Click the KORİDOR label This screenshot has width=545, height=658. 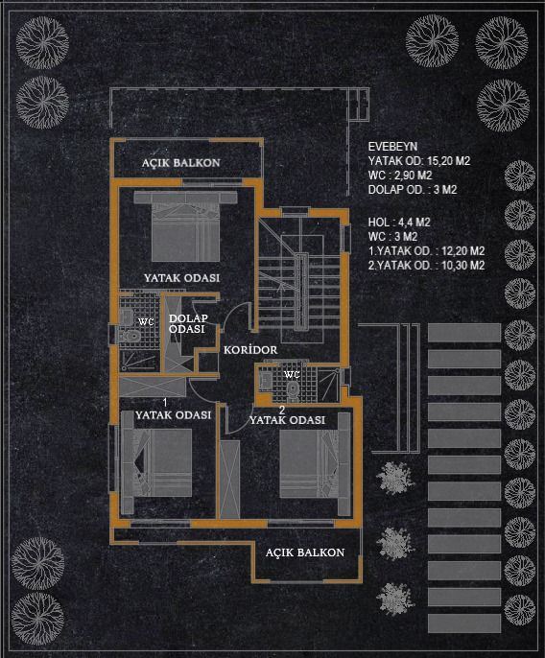click(x=250, y=349)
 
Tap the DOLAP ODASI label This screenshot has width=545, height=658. click(x=188, y=323)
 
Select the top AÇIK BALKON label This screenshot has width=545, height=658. click(x=180, y=162)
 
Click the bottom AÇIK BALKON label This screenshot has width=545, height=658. click(x=305, y=552)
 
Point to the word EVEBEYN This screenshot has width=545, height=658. click(x=392, y=147)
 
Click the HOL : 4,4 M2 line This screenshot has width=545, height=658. click(x=399, y=223)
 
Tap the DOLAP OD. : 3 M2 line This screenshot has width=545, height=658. click(x=413, y=190)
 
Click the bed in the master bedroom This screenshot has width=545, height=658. click(x=185, y=225)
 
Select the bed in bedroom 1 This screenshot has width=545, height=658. click(x=156, y=462)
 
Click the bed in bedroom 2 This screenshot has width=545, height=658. click(x=316, y=463)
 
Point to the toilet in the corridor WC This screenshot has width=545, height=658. click(x=293, y=388)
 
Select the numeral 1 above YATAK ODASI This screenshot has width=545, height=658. click(x=165, y=403)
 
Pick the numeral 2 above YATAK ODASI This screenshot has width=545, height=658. click(x=282, y=410)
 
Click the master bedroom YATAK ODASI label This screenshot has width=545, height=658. click(x=181, y=278)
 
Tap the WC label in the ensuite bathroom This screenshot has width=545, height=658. click(x=146, y=322)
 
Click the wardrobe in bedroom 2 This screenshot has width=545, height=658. click(x=229, y=480)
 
